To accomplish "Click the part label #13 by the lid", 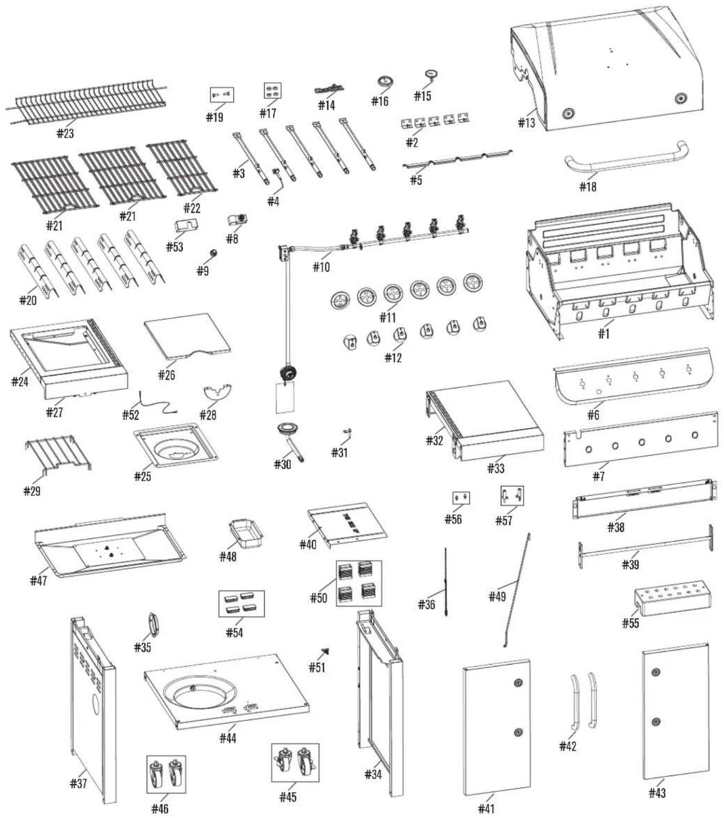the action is coord(526,122).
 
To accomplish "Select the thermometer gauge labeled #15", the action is coord(432,76).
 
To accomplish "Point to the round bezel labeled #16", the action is coord(385,82).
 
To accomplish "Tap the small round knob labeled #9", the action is coord(214,253).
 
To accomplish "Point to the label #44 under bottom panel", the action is coord(228,738).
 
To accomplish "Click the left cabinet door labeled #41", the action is coord(497,728).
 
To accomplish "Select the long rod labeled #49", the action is coord(517,589).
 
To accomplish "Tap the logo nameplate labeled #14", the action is coord(329,89).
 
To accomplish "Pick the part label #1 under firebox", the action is coord(604,333).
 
